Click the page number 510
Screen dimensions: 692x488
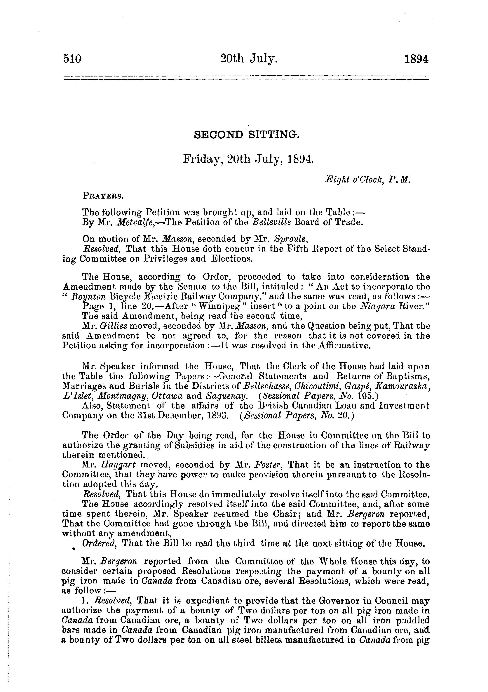[x=72, y=59]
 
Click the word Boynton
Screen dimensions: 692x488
[x=89, y=296]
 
